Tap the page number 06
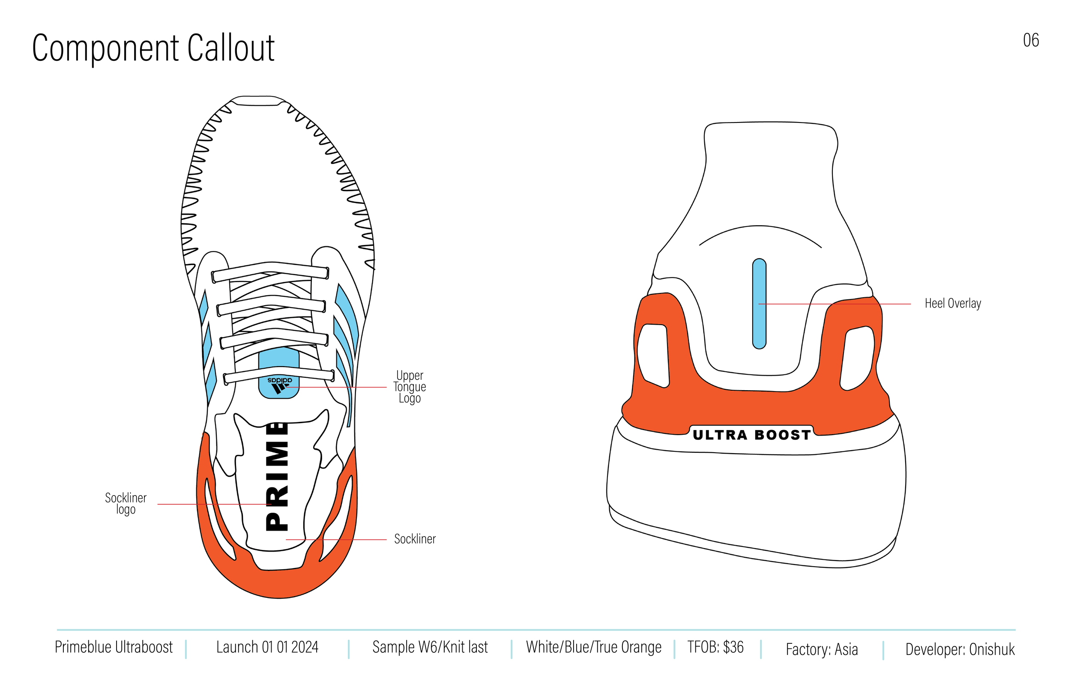click(x=1030, y=41)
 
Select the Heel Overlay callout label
click(x=953, y=303)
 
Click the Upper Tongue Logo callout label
click(x=410, y=387)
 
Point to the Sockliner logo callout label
click(x=126, y=503)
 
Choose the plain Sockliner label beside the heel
click(x=414, y=539)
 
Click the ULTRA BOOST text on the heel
click(x=751, y=435)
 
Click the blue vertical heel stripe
click(x=759, y=304)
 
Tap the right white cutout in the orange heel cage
click(x=857, y=358)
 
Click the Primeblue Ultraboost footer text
click(x=114, y=647)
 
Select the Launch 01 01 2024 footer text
click(x=267, y=647)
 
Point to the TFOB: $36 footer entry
click(x=715, y=647)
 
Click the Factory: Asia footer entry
click(x=822, y=649)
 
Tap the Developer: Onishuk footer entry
click(x=960, y=649)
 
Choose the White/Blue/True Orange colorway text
click(x=594, y=647)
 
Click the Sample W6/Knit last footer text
click(x=430, y=647)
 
